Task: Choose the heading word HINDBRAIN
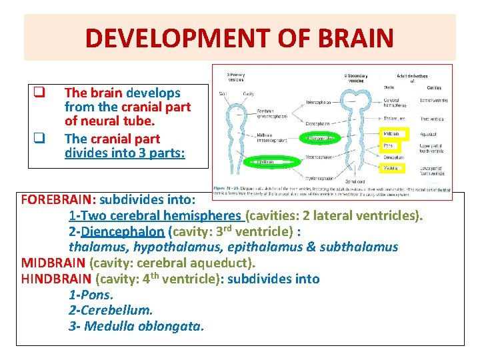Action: [57, 279]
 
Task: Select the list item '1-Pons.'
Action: [91, 295]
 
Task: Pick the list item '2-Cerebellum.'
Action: [111, 310]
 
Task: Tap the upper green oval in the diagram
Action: [323, 139]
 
